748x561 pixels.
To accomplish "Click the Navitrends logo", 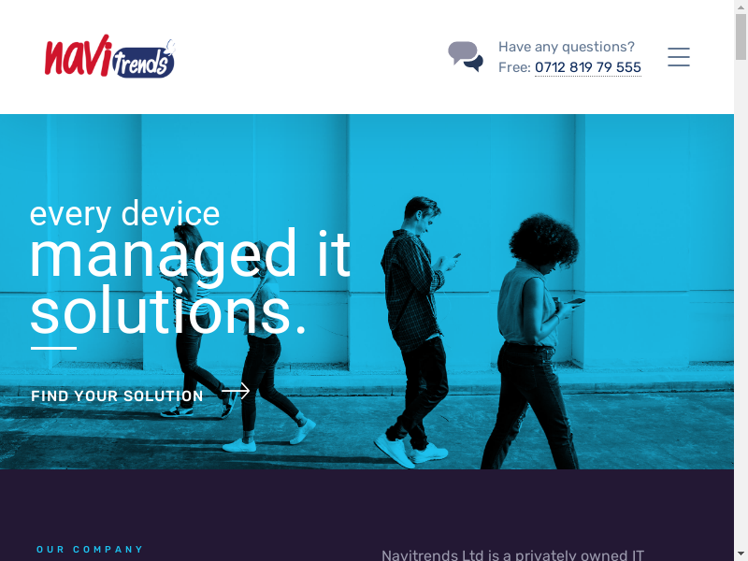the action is pos(109,56).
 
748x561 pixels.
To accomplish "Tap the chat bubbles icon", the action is pos(466,56).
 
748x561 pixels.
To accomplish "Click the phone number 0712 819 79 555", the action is pos(588,67).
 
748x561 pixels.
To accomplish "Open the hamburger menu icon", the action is pos(679,57).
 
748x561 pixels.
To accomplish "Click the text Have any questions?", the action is pos(567,47).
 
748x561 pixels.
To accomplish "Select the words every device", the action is pos(124,214).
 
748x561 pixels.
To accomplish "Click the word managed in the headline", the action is pos(163,255).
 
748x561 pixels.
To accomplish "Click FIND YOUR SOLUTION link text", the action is pos(118,396).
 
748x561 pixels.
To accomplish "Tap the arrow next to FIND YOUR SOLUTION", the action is pos(236,391).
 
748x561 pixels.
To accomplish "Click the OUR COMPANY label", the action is pos(90,550).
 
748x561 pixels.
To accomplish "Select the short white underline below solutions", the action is pos(53,348).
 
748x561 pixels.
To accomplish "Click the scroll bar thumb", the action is pos(741,36).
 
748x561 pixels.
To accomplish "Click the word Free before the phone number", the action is pos(514,67).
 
